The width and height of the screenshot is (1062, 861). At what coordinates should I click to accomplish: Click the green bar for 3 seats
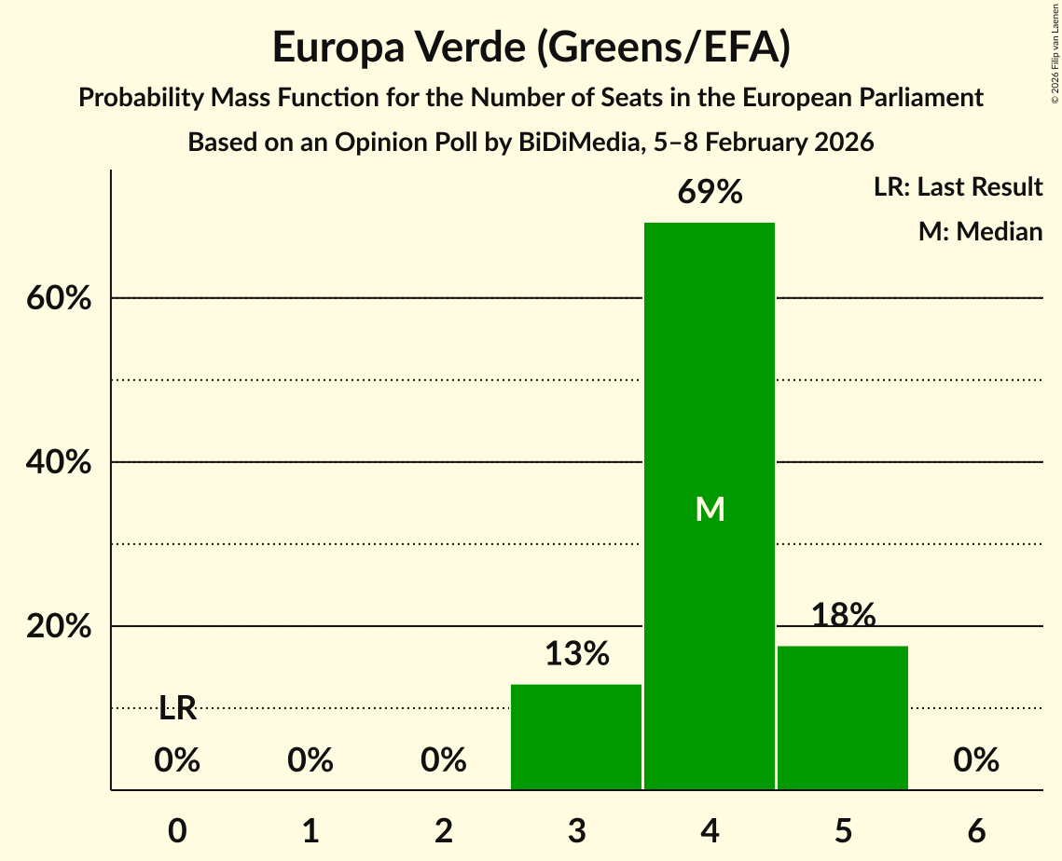pyautogui.click(x=576, y=737)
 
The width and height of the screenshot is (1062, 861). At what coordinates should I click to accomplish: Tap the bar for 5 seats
pyautogui.click(x=843, y=717)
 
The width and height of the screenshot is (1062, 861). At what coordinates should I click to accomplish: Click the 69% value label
pyautogui.click(x=710, y=193)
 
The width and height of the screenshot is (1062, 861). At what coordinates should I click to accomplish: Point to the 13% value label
pyautogui.click(x=576, y=654)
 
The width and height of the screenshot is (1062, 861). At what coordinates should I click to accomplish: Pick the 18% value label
pyautogui.click(x=843, y=615)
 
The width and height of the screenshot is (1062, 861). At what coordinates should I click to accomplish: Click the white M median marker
pyautogui.click(x=710, y=509)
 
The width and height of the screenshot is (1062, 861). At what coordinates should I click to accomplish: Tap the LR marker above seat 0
pyautogui.click(x=177, y=709)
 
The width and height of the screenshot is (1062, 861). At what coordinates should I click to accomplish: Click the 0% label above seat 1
pyautogui.click(x=310, y=761)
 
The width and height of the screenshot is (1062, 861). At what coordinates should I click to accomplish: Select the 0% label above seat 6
pyautogui.click(x=976, y=761)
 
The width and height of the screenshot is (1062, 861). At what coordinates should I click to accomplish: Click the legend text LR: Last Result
pyautogui.click(x=958, y=187)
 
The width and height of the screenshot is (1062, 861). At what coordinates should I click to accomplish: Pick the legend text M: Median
pyautogui.click(x=980, y=231)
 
